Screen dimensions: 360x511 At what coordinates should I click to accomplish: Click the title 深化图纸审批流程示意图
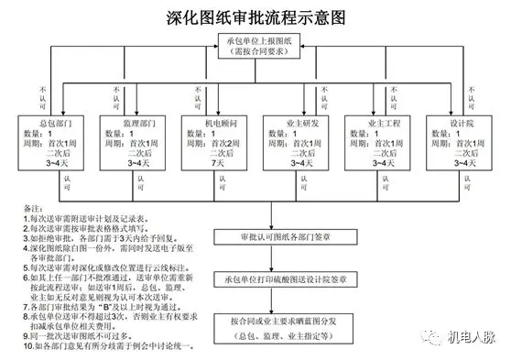tap(255, 16)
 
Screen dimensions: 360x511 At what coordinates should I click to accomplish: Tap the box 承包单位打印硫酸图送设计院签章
tap(267, 278)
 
